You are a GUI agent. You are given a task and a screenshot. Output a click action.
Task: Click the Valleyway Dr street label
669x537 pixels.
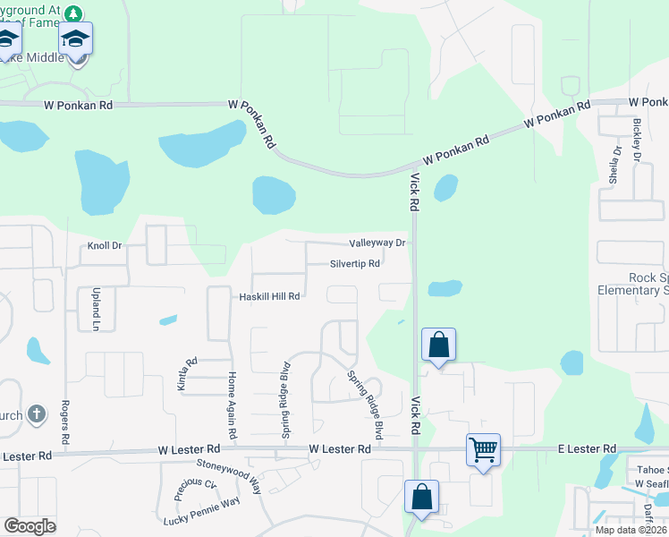[x=377, y=243]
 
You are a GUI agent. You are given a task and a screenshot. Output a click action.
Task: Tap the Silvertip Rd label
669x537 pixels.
[x=355, y=264]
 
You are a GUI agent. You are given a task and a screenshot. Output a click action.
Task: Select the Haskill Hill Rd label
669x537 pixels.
[x=268, y=296]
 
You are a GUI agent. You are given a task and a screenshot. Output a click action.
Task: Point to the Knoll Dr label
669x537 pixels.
[x=104, y=246]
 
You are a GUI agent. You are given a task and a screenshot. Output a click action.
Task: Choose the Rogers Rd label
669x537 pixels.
[x=64, y=421]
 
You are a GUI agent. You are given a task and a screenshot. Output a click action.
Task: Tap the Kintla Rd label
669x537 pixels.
[x=191, y=374]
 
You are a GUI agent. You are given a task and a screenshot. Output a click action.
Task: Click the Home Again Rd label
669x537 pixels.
[x=232, y=405]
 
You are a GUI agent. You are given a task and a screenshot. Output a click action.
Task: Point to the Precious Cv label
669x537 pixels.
[x=196, y=490]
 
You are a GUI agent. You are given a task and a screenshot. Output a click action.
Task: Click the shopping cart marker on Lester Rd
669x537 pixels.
[x=483, y=447]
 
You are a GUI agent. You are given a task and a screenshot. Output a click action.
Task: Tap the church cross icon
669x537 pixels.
[x=36, y=413]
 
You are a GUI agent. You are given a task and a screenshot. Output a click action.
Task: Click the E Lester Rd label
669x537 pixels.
[x=587, y=447]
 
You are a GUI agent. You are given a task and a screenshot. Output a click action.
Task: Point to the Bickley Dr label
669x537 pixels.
[x=638, y=133]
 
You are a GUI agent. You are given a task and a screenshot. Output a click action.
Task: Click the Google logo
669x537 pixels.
[x=30, y=526]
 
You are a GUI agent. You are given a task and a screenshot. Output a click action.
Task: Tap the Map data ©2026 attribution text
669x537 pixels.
[x=631, y=530]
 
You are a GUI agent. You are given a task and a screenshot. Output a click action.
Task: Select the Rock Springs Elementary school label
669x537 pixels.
[x=633, y=284]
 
